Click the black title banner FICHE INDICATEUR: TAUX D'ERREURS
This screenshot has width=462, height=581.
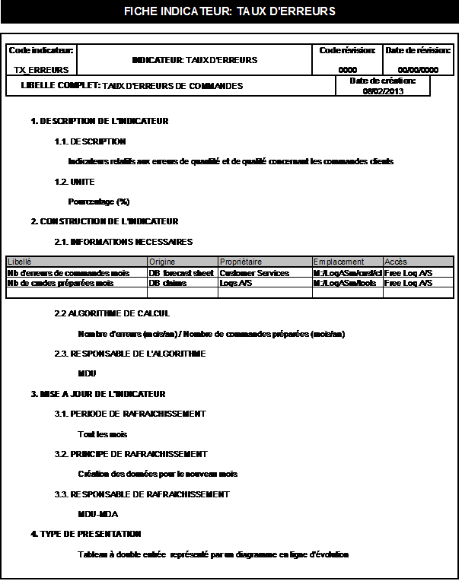(x=229, y=11)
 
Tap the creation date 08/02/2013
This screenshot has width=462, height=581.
(x=383, y=91)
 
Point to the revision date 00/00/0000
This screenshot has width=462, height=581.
(x=418, y=69)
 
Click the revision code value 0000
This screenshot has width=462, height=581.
(x=347, y=69)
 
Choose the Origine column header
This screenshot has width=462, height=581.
(x=162, y=262)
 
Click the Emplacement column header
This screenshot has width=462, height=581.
(x=339, y=262)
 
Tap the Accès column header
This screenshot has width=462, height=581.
(x=396, y=262)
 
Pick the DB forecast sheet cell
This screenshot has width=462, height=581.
(x=181, y=272)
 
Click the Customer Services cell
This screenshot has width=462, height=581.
(x=254, y=272)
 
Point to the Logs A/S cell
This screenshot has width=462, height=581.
(x=236, y=283)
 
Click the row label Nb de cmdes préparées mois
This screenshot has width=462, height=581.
(x=60, y=283)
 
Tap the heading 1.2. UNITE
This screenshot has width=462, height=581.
(x=75, y=183)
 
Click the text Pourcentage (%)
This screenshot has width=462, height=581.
(x=99, y=202)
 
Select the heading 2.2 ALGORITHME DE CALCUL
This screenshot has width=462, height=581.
(x=112, y=313)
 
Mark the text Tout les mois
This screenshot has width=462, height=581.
(x=103, y=434)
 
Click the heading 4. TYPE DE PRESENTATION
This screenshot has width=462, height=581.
(x=86, y=534)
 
